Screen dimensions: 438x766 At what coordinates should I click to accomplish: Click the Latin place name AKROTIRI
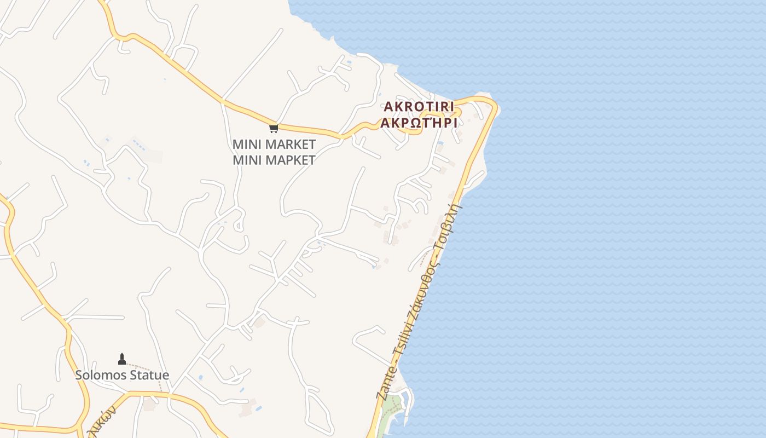[419, 106]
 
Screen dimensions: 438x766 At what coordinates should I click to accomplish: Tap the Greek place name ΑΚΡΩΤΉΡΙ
[419, 123]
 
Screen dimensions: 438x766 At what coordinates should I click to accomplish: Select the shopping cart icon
[274, 128]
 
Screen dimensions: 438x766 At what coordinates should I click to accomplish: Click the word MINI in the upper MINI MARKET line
[247, 145]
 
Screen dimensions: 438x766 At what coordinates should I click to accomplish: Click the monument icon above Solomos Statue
[122, 359]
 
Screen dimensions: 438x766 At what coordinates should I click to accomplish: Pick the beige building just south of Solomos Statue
[149, 406]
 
